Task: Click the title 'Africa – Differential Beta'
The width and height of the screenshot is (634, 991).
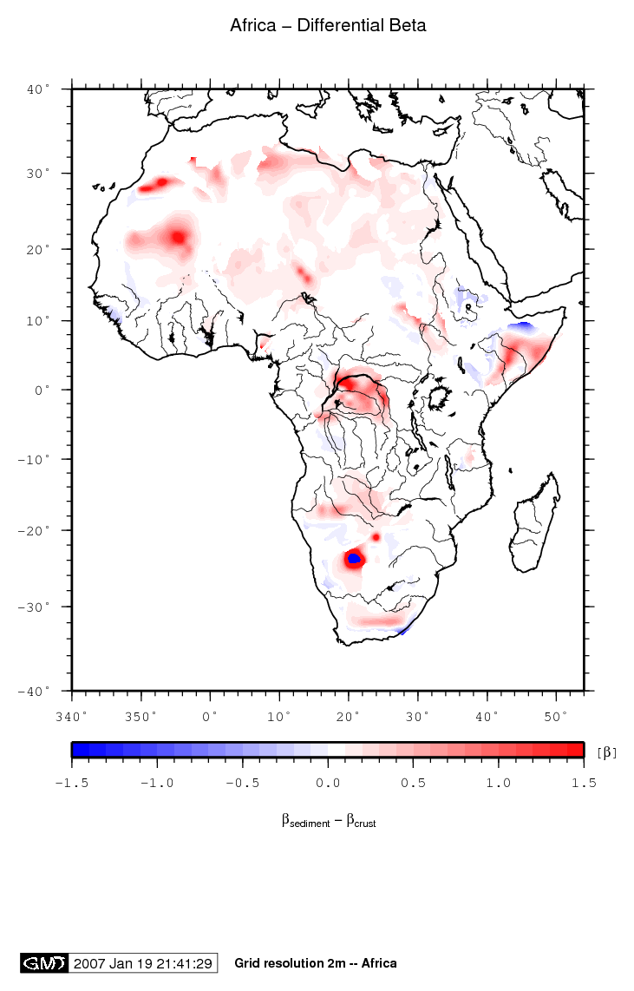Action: point(328,26)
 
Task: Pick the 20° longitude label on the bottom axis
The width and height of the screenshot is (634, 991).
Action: point(349,716)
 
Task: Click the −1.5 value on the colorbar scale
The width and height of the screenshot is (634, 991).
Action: point(72,782)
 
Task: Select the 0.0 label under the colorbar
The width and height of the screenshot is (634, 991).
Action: point(328,782)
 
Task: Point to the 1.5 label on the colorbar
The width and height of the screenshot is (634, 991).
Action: point(584,782)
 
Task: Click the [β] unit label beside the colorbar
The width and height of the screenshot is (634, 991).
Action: point(607,751)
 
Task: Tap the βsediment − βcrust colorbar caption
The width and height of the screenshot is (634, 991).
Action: point(328,820)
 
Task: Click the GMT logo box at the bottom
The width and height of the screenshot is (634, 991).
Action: point(43,963)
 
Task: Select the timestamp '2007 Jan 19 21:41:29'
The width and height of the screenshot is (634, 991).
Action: point(143,963)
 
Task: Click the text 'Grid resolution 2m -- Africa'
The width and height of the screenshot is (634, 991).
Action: point(316,963)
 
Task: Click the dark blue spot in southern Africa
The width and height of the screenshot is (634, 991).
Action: point(353,559)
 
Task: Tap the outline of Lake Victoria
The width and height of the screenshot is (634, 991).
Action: point(441,400)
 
